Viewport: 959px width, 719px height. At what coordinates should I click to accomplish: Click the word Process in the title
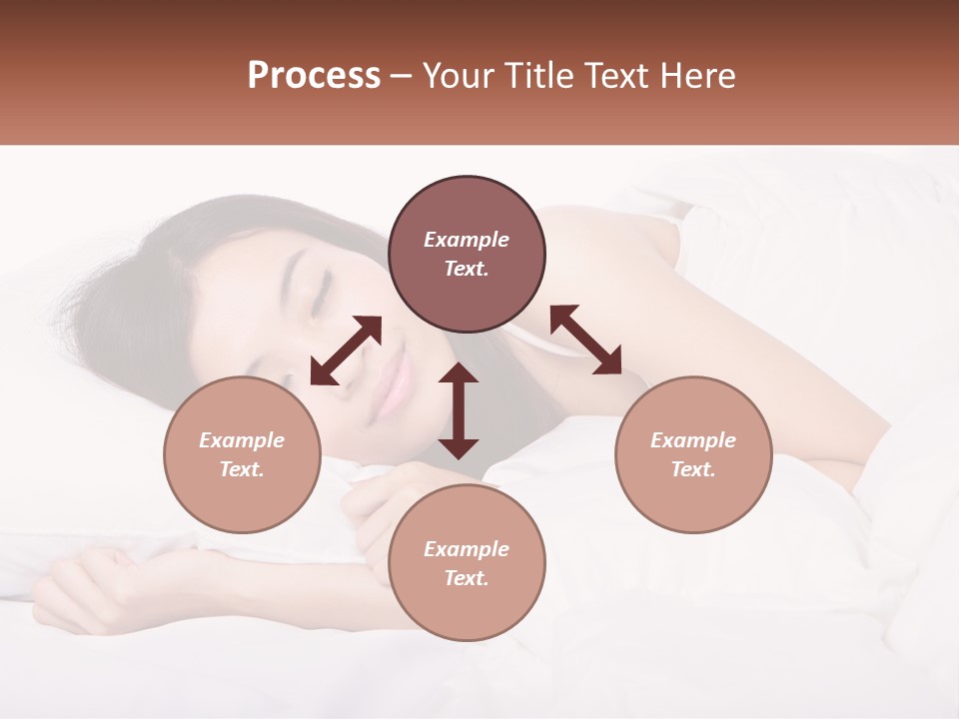tap(314, 76)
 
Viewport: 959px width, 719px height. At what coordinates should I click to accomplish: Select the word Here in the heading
tap(699, 76)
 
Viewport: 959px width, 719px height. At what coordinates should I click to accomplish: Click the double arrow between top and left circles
tap(346, 351)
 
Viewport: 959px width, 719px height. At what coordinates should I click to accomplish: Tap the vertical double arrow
tap(459, 410)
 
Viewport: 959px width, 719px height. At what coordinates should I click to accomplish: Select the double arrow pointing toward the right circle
tap(585, 340)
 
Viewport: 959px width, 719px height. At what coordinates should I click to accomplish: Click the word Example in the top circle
tap(467, 240)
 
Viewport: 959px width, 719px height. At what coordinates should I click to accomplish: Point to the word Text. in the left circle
tap(242, 469)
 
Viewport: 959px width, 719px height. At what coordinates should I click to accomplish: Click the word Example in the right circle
tap(693, 440)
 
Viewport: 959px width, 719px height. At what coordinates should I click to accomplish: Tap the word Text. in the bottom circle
tap(467, 578)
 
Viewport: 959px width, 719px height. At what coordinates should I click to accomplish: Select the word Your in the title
tap(455, 76)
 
